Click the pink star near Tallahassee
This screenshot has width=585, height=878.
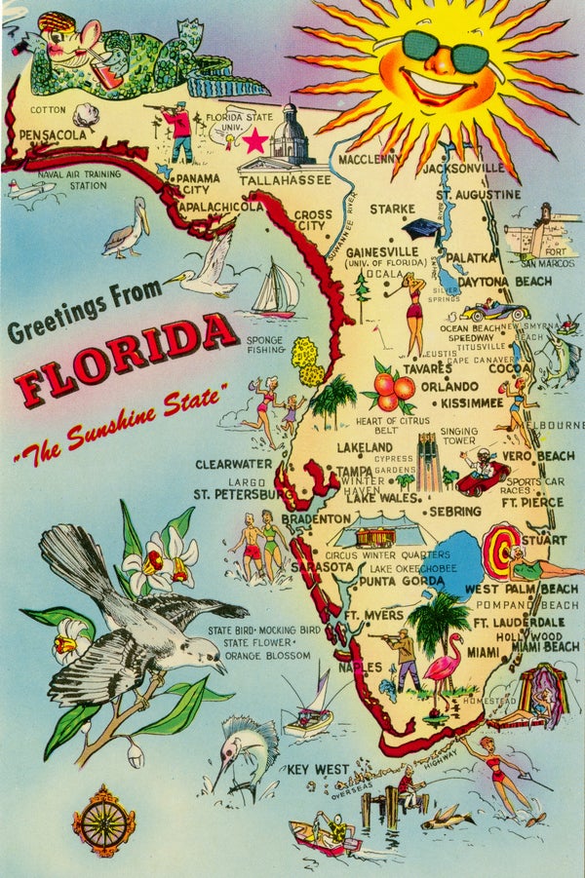[x=255, y=141]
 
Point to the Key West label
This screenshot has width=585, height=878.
[x=317, y=770]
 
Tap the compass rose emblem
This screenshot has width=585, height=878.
[x=103, y=821]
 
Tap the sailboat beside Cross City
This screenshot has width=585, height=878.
[x=276, y=289]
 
